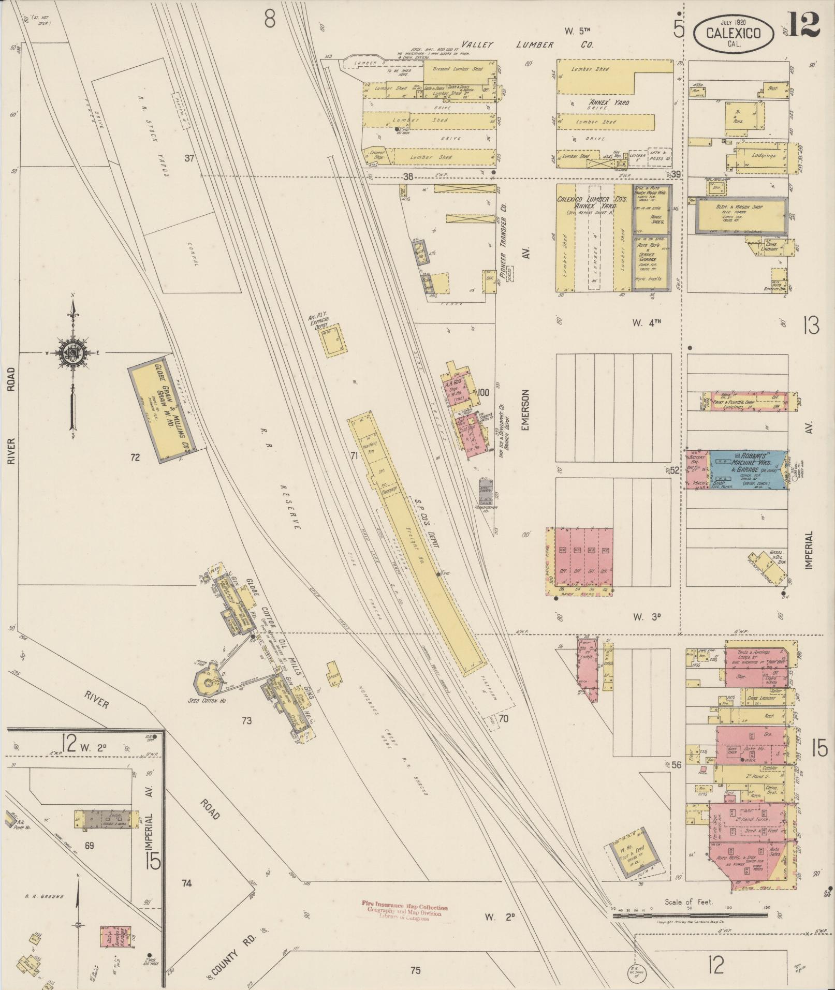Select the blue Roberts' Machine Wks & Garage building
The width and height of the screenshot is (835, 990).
tap(748, 469)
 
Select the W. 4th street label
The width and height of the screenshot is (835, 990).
tap(647, 322)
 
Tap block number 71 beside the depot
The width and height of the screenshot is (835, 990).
tap(355, 456)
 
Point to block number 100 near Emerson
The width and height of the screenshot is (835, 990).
tap(484, 392)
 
